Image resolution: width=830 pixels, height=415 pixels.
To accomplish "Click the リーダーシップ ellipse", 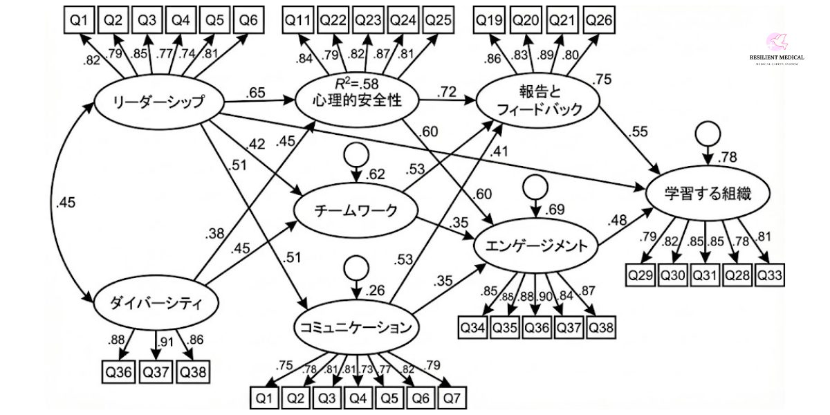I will point(158,103).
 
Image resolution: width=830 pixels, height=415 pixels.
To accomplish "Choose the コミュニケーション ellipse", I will point(357,328).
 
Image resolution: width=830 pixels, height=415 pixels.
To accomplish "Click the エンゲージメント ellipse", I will point(536,245).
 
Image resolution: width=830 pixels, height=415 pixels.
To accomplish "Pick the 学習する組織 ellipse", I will point(706,196).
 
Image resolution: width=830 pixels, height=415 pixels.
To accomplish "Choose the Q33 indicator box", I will point(769,275).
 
